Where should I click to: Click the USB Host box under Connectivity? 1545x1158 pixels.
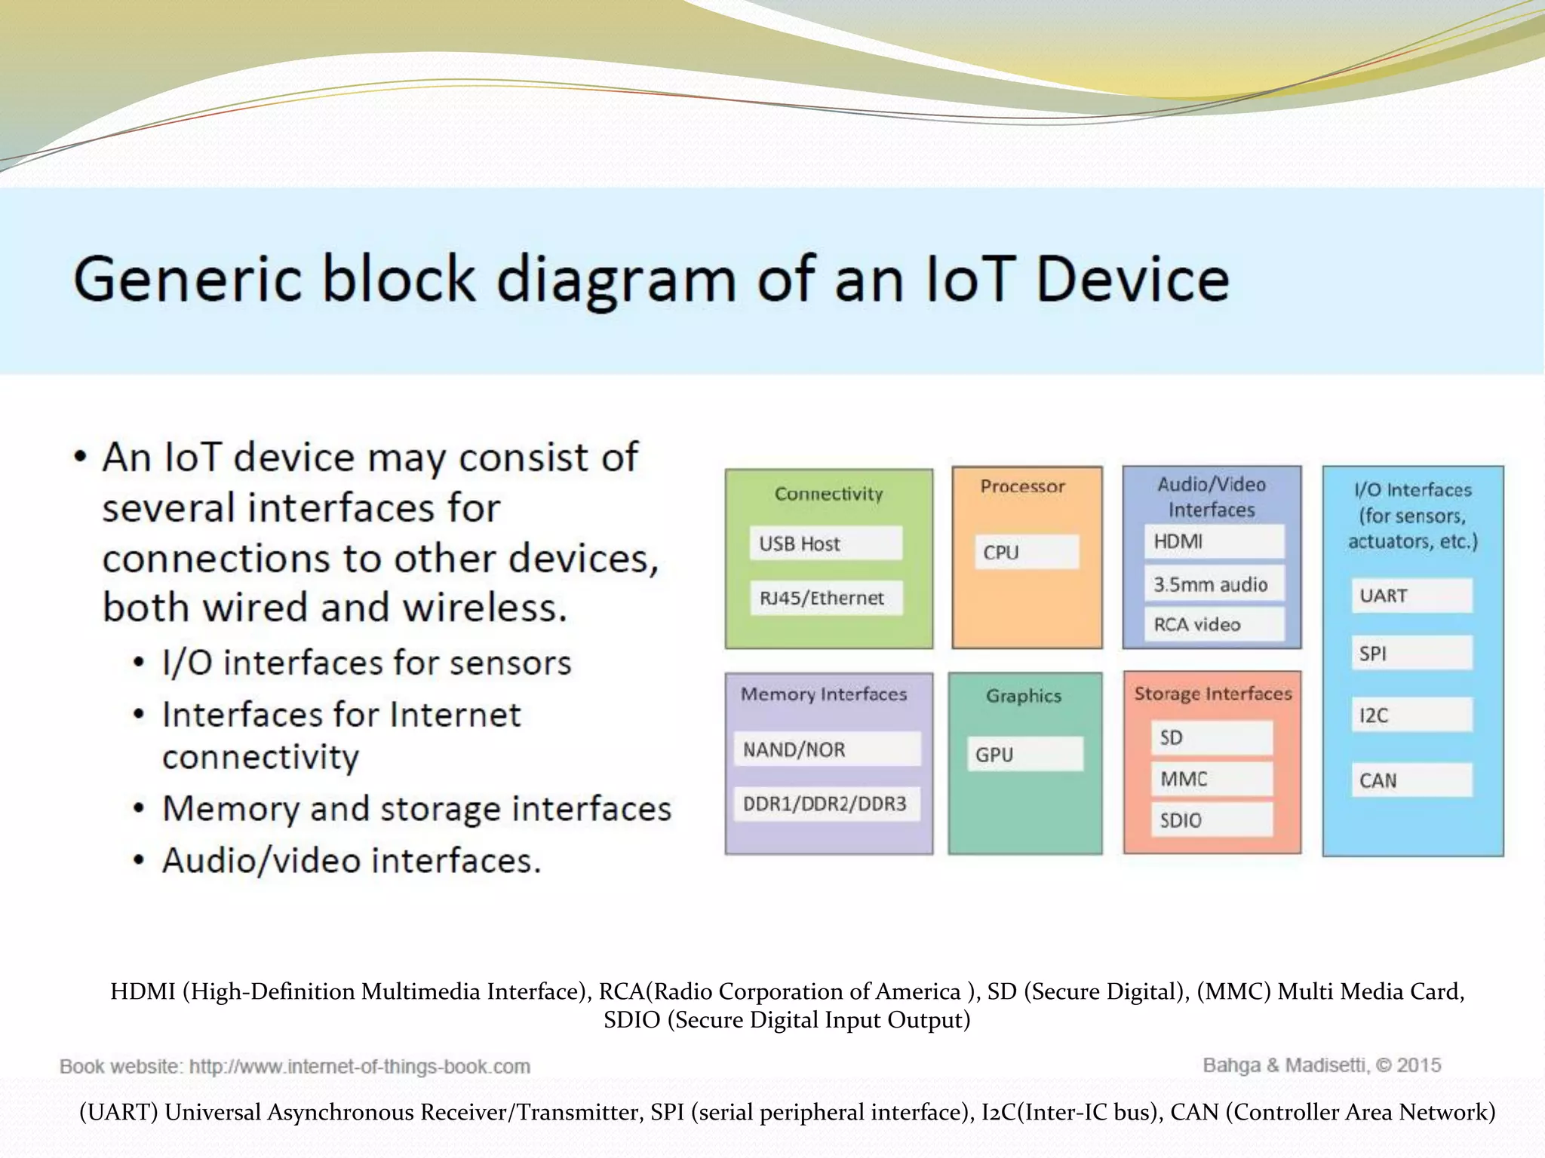point(825,544)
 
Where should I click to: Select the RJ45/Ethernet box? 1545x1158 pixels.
point(825,598)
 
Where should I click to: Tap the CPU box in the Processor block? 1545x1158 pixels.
point(1026,552)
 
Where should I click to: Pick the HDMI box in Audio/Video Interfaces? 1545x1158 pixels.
point(1213,541)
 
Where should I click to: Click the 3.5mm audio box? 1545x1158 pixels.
point(1213,584)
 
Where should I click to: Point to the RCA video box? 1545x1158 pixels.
point(1213,624)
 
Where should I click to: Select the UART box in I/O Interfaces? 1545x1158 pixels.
point(1411,596)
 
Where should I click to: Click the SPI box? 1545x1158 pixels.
point(1411,653)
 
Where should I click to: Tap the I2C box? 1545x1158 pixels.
point(1411,715)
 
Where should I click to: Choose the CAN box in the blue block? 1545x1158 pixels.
point(1411,780)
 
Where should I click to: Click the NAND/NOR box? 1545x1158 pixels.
point(827,749)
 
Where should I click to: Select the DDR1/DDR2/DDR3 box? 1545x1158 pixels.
point(827,804)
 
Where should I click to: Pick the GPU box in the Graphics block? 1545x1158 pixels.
point(1024,754)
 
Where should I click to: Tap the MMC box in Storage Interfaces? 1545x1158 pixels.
point(1212,779)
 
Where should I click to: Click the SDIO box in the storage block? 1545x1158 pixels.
point(1212,819)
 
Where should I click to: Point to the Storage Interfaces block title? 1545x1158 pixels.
point(1212,694)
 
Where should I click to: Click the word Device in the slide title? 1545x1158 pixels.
point(1132,280)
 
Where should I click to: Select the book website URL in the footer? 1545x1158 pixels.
point(359,1067)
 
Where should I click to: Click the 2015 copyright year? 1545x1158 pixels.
point(1418,1065)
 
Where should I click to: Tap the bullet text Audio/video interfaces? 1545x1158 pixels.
point(352,860)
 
